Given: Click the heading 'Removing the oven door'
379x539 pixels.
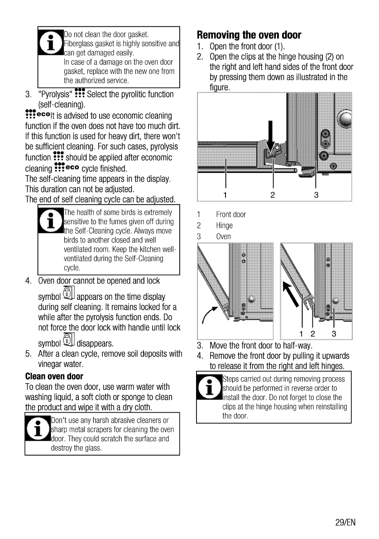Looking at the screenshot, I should pos(249,35).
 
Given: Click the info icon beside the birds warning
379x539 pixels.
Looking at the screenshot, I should pos(50,221).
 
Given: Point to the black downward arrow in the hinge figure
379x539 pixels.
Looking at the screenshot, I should pos(271,135).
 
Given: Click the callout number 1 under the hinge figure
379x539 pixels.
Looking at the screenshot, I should pos(225,195).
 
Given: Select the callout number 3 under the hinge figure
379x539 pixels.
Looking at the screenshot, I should pos(316,195).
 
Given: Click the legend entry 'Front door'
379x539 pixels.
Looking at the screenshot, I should pos(231,215).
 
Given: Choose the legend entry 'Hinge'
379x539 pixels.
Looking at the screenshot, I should pos(224,226).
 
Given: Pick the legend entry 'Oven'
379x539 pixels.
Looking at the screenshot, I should pos(223,236).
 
